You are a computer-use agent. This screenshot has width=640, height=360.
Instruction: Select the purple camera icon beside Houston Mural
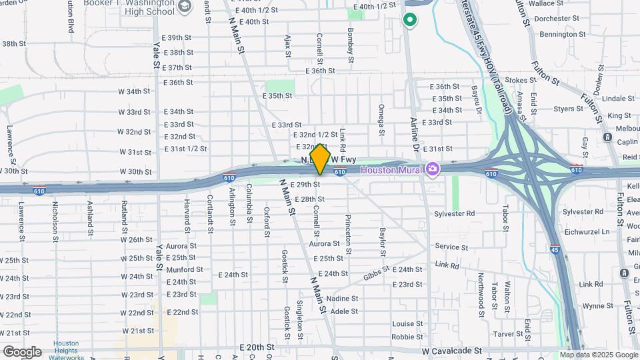pos(433,170)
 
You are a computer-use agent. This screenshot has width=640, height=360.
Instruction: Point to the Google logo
pos(22,351)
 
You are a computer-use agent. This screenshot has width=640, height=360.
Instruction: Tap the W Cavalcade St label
pos(451,350)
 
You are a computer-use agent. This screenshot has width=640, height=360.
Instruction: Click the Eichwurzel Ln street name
pos(587,232)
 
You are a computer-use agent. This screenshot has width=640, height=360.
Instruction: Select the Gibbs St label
pos(376,275)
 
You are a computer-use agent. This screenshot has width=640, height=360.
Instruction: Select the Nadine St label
pos(343,299)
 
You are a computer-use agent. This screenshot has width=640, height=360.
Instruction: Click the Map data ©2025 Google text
pos(598,355)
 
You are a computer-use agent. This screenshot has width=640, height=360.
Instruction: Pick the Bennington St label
pos(562,34)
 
